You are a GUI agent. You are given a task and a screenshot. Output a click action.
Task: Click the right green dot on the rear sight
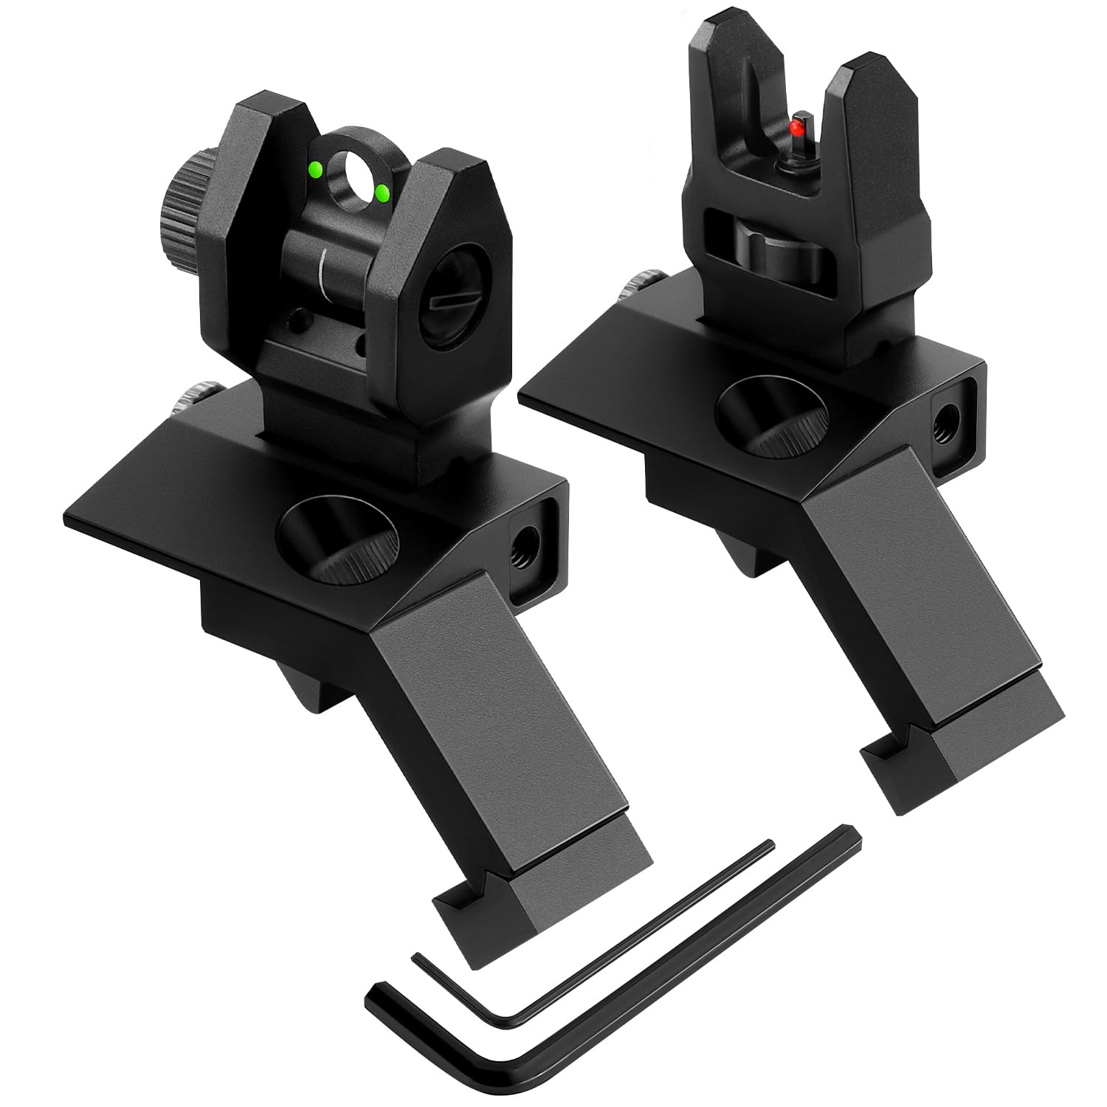[382, 193]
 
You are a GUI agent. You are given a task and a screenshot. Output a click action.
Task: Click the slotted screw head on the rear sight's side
[441, 303]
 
